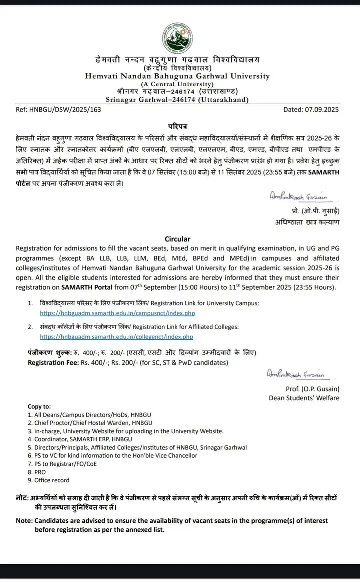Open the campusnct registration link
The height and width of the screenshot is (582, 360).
117,313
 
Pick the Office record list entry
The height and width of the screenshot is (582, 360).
52,480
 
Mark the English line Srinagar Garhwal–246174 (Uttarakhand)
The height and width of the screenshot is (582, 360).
179,99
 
